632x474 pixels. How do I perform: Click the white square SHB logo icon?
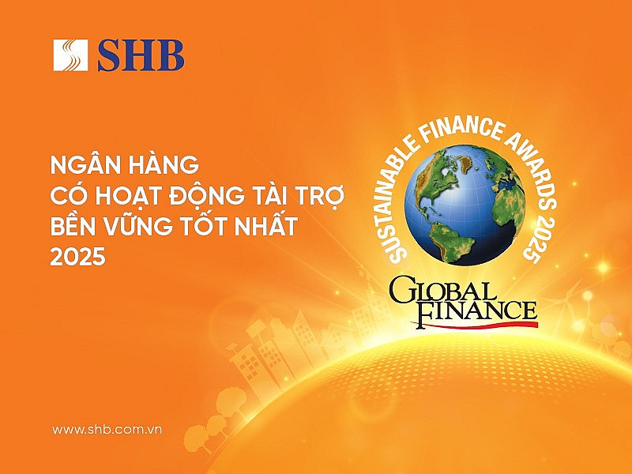[70, 55]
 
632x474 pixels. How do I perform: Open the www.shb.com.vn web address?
[107, 430]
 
